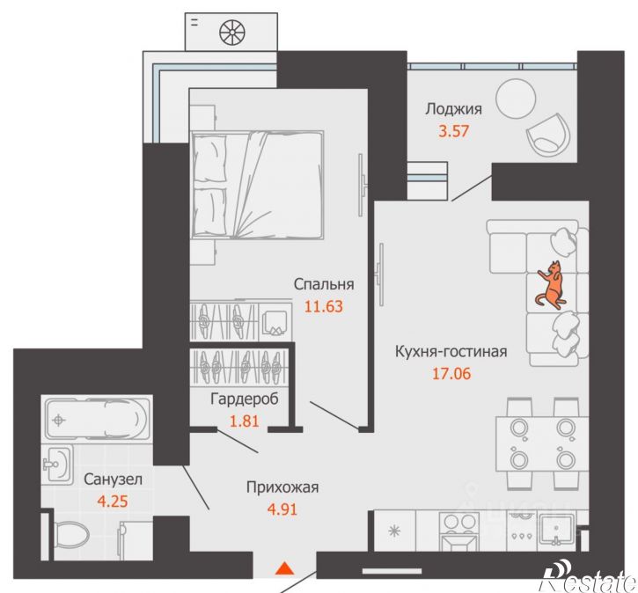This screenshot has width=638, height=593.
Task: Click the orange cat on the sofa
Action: (x=550, y=286)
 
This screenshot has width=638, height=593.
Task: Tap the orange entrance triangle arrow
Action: (x=284, y=568)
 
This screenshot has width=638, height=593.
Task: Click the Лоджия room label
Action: (x=454, y=109)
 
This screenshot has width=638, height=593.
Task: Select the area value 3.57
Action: (x=454, y=131)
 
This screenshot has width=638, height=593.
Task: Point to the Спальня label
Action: (x=324, y=284)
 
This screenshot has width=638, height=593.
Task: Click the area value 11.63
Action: (x=324, y=306)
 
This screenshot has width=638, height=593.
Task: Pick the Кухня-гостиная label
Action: (x=451, y=351)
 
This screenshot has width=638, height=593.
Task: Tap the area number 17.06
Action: (x=451, y=373)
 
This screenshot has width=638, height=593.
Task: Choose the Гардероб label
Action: (x=245, y=399)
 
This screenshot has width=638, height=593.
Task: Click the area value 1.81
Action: (x=245, y=421)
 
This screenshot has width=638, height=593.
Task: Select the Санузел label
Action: (x=113, y=480)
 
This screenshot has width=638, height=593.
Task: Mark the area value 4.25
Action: (x=113, y=501)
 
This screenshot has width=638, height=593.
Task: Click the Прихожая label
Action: (x=282, y=487)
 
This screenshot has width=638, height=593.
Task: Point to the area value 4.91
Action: (x=282, y=509)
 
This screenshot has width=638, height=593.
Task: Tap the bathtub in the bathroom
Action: (x=97, y=419)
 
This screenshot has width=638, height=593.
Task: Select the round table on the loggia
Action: (x=516, y=98)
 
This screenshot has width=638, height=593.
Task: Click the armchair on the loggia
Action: (x=548, y=135)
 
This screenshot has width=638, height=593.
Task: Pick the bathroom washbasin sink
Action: (x=57, y=463)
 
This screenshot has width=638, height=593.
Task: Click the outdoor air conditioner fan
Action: (x=232, y=33)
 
